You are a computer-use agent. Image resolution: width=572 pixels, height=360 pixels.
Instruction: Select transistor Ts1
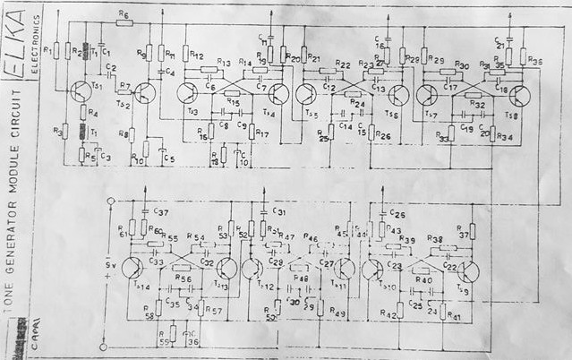pos(79,88)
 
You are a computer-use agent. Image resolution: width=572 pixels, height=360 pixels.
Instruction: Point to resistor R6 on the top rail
pos(124,24)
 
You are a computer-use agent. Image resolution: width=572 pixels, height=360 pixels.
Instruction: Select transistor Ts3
pos(187,94)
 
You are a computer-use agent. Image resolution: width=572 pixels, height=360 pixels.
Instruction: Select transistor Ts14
pos(132,268)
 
